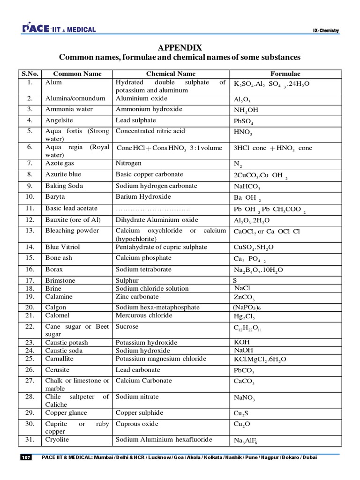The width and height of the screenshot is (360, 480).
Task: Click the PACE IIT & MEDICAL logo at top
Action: click(59, 30)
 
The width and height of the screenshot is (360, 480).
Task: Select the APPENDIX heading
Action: click(180, 48)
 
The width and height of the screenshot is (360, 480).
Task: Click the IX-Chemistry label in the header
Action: click(326, 31)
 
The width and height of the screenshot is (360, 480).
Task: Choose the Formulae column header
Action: click(285, 74)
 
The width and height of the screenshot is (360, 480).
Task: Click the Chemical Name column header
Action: click(171, 74)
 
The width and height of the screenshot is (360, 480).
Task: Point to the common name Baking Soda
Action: click(64, 186)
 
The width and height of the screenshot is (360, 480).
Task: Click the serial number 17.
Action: click(30, 280)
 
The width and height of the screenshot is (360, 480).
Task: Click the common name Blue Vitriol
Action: click(62, 247)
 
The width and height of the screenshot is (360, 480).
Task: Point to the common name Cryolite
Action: click(57, 439)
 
